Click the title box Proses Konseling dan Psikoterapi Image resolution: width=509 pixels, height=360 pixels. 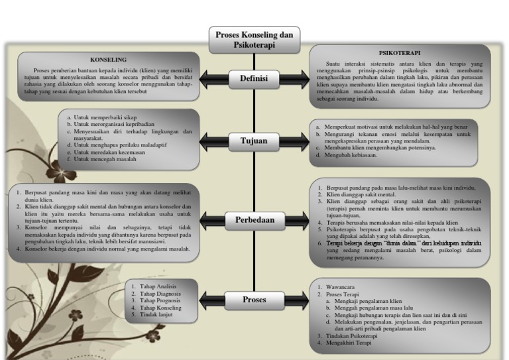[x=254, y=40]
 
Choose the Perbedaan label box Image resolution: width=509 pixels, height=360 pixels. [x=254, y=219]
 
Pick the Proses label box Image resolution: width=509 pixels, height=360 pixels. [x=254, y=300]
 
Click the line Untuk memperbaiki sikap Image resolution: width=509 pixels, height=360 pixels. [x=102, y=117]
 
